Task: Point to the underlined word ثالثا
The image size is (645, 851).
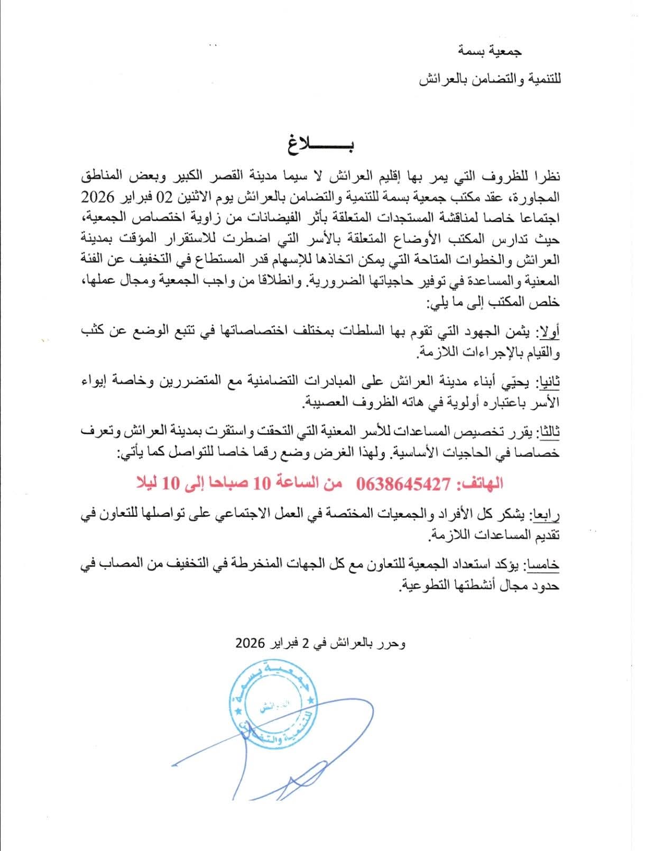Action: click(548, 433)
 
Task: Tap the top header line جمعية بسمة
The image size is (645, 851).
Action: click(491, 51)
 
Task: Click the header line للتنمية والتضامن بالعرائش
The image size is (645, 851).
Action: click(490, 79)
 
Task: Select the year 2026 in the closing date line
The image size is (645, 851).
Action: click(250, 644)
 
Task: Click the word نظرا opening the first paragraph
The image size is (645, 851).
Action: click(545, 175)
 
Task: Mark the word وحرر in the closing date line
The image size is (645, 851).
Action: click(393, 644)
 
